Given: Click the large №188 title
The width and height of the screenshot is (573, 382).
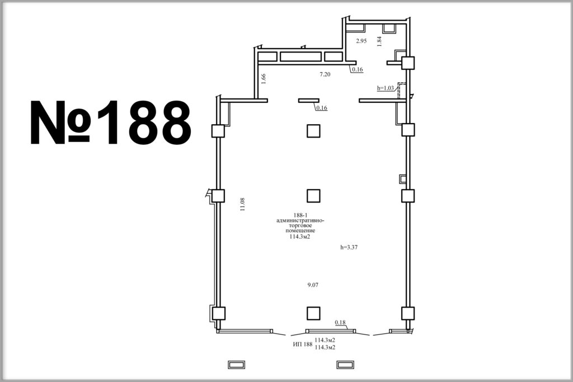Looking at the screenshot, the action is tap(110, 122).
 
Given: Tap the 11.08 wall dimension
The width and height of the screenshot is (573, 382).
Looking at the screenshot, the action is tap(242, 205).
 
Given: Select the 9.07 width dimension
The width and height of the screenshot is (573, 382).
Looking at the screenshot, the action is tap(313, 285).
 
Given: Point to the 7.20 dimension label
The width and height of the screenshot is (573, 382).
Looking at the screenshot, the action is tap(325, 74).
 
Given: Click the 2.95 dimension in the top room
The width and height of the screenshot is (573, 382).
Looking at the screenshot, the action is tap(361, 41).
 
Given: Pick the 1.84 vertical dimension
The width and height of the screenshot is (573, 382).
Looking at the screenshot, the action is tap(379, 41).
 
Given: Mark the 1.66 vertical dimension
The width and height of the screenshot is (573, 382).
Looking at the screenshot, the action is tap(264, 79).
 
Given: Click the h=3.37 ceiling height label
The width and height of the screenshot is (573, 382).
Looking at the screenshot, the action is tap(349, 247).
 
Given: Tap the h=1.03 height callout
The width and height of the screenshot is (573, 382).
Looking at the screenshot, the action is tap(386, 88).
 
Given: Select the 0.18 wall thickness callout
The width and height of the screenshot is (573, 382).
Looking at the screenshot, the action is tap(340, 323).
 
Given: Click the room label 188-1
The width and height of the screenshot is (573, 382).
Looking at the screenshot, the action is tap(300, 215).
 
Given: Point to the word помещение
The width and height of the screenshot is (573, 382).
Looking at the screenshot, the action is tap(300, 231).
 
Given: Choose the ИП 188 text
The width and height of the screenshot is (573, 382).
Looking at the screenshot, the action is tap(303, 344).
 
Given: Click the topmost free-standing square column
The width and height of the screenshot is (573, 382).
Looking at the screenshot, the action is tap(313, 131).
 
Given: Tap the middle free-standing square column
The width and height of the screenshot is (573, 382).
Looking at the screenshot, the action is tap(313, 196).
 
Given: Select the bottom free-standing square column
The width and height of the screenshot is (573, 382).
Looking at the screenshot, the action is tap(313, 313).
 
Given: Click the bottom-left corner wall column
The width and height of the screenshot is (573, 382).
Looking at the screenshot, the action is tap(218, 313).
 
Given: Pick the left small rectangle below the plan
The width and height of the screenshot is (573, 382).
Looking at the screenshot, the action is tap(237, 365).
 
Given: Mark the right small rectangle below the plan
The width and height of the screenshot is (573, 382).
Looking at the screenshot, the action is tap(345, 365).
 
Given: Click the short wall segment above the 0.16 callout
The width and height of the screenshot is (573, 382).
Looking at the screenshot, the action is tap(309, 101).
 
